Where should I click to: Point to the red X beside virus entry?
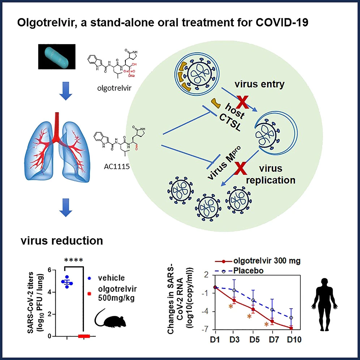click(x=243, y=102)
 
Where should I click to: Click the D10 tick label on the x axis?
click(x=291, y=340)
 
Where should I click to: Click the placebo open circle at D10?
click(x=291, y=318)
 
